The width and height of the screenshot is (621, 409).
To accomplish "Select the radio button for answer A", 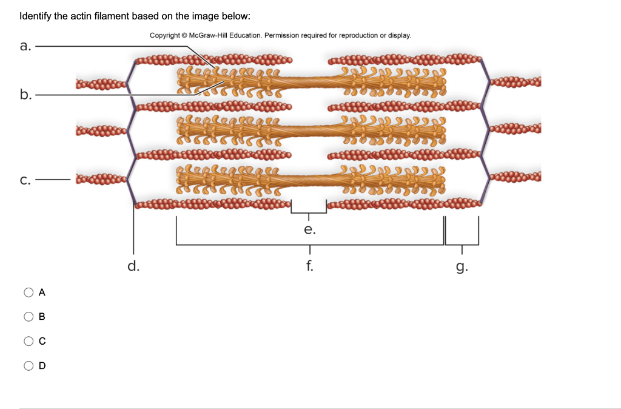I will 29,292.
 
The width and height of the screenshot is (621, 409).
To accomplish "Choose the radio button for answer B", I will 29,316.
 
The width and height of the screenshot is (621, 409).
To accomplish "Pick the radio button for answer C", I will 29,341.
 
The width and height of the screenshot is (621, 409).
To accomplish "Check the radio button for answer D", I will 29,365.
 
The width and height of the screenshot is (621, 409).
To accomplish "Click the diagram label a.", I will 24,46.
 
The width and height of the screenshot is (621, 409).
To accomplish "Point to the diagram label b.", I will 24,94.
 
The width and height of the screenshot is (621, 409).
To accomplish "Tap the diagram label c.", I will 24,180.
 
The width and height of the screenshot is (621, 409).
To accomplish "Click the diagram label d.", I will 133,265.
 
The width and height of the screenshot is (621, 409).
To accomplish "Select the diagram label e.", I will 309,230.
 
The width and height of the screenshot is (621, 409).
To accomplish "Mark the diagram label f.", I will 309,265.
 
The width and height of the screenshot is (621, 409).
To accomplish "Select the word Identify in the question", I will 35,16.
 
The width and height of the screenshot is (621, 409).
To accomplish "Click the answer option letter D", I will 42,366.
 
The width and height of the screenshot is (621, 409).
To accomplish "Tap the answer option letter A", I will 42,292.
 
